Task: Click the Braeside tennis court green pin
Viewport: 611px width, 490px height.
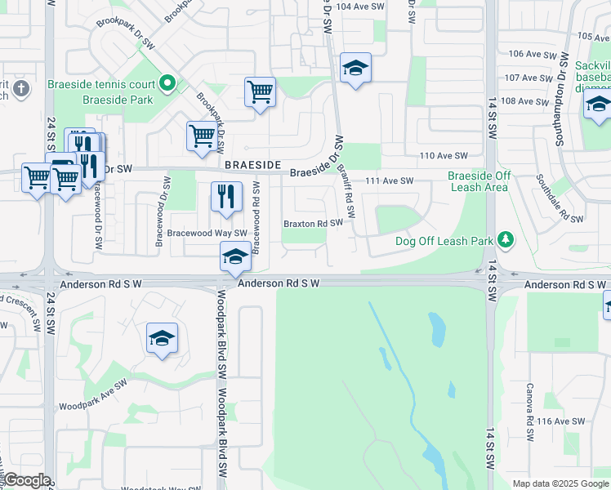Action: click(168, 82)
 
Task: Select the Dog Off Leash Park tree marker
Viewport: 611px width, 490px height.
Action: click(506, 239)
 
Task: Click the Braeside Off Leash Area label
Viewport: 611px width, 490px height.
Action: click(479, 181)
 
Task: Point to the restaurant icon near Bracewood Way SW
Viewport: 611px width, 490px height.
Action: click(226, 196)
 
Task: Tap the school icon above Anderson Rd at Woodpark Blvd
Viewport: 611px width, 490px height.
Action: click(234, 257)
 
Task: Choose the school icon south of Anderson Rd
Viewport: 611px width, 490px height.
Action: click(162, 338)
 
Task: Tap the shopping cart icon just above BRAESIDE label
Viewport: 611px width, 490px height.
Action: click(202, 136)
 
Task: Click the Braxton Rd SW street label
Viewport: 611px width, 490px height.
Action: click(313, 223)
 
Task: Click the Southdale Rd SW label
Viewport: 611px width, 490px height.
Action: click(560, 197)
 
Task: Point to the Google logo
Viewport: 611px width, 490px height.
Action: click(26, 480)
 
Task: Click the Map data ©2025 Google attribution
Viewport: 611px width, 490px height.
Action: click(560, 483)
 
